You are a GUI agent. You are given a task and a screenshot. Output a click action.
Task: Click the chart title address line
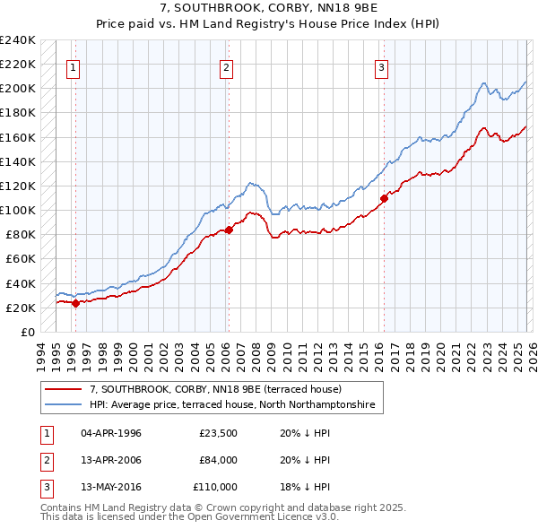(269, 8)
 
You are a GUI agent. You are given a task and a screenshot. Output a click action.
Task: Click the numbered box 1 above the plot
(73, 66)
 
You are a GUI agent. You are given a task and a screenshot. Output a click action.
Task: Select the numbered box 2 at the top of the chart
(227, 66)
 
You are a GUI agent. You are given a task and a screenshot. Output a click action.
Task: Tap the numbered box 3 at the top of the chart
(382, 66)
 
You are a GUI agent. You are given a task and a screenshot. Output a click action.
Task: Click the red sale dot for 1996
(75, 303)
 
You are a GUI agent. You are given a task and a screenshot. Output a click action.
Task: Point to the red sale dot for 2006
(229, 230)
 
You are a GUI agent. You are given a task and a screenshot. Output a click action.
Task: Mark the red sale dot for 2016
(384, 197)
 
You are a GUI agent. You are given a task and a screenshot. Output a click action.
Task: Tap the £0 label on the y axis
(27, 333)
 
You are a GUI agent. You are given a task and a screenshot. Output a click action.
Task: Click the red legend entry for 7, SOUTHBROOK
(215, 390)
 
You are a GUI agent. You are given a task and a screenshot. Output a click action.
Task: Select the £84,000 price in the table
(218, 461)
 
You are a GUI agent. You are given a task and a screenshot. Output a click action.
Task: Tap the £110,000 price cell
(215, 487)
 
